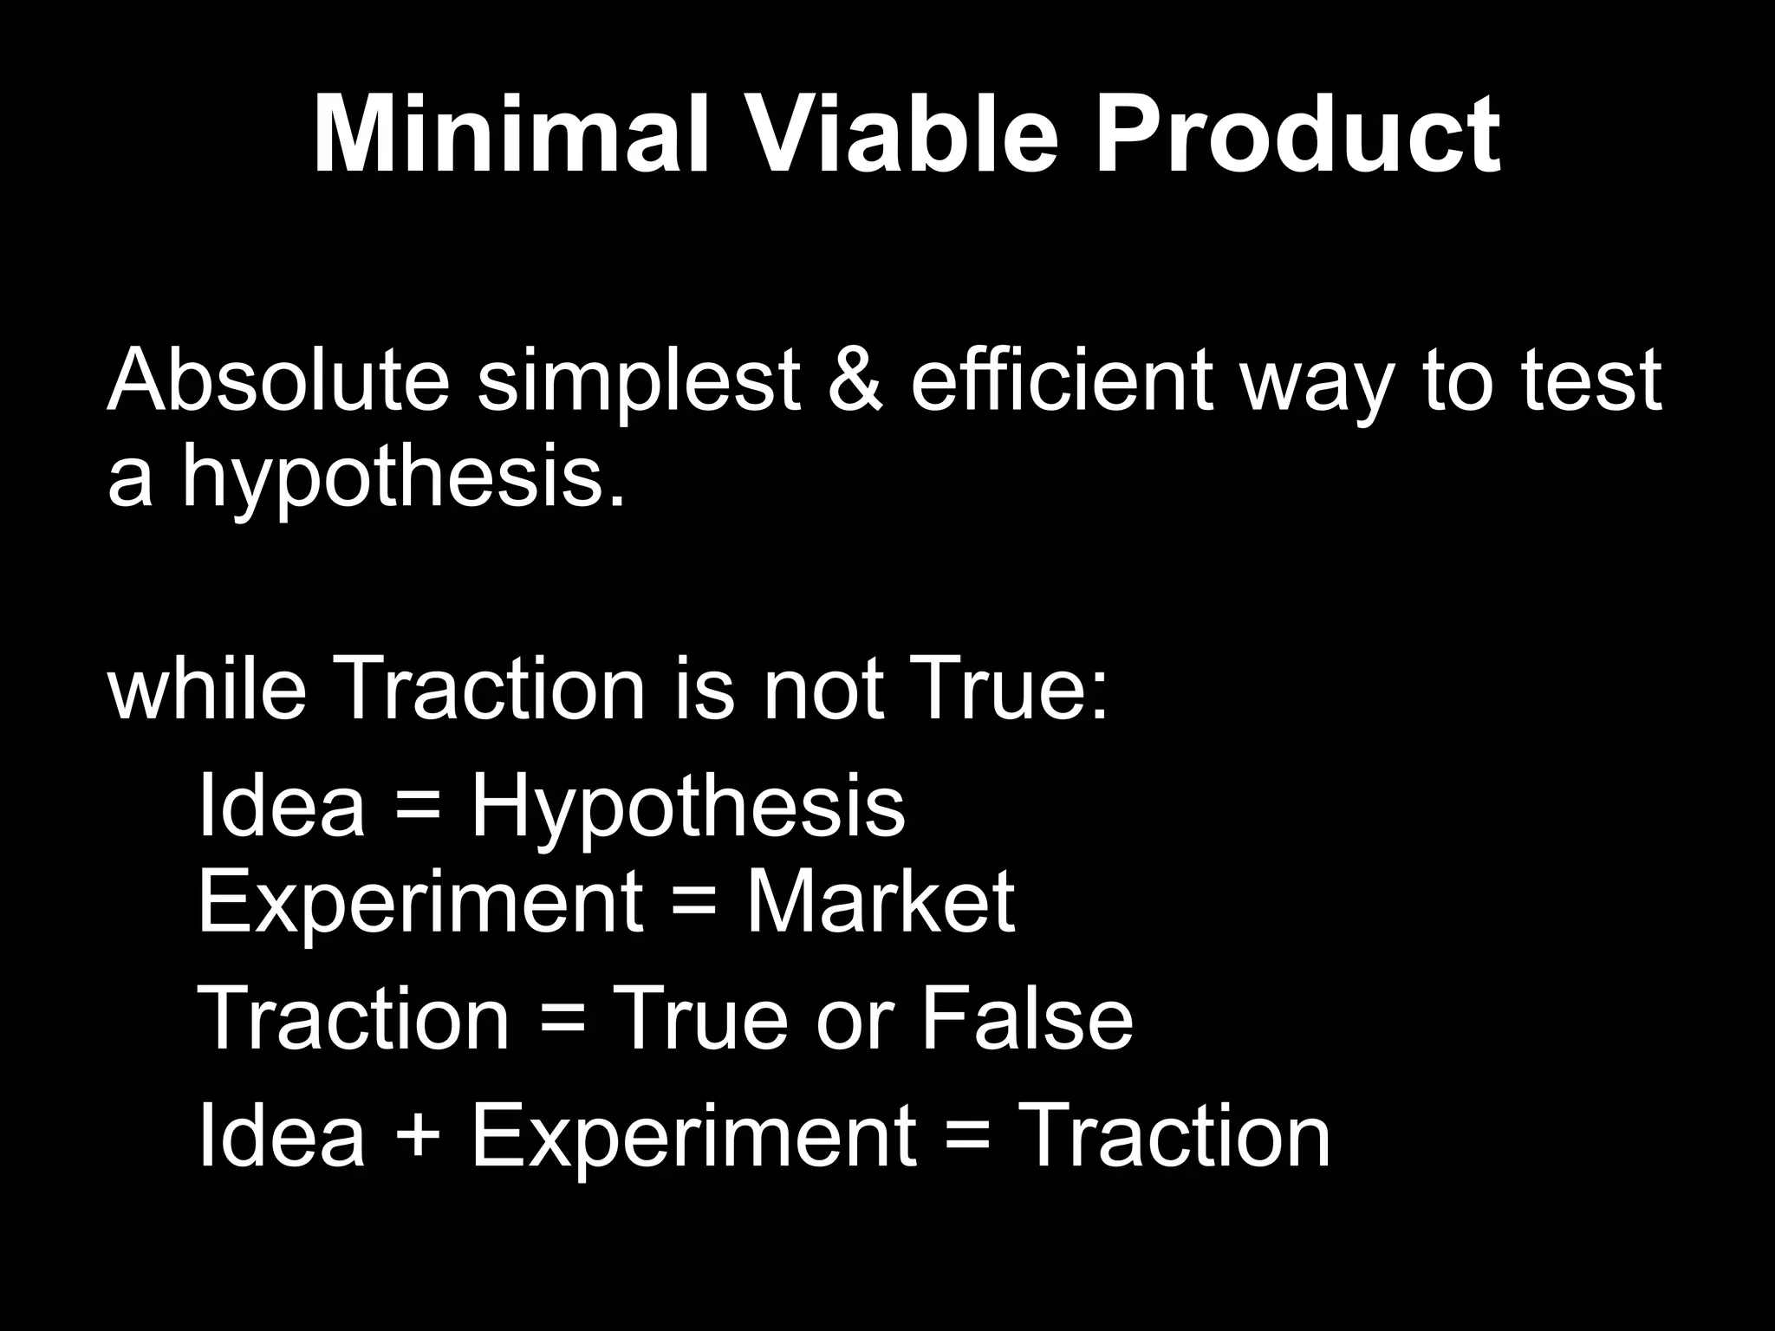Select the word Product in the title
pos(1297,137)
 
